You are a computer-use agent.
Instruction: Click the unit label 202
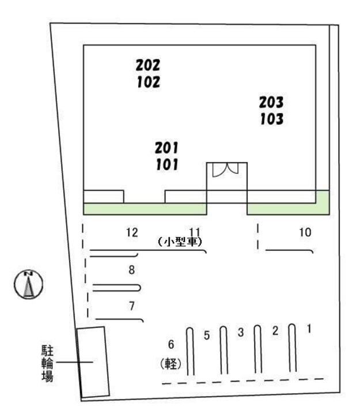tap(148, 65)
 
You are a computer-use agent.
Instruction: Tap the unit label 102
tap(148, 82)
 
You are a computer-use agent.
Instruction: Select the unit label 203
tap(271, 103)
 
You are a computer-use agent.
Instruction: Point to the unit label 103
tap(271, 119)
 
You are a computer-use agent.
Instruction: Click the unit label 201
tap(167, 148)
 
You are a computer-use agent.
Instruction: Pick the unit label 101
tap(167, 165)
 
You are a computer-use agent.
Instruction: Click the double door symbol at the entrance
tap(226, 170)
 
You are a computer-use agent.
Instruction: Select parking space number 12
tap(132, 232)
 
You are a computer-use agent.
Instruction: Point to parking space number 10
tap(305, 232)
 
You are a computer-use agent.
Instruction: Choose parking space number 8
tap(132, 269)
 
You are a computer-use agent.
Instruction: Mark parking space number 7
tap(132, 306)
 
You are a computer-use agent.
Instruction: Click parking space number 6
tap(170, 345)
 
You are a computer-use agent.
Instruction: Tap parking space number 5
tap(207, 336)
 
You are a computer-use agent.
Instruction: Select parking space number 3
tap(241, 332)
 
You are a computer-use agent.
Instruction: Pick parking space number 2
tap(275, 331)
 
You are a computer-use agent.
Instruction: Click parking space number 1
tap(309, 329)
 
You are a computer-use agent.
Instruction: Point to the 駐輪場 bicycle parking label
tap(47, 363)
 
